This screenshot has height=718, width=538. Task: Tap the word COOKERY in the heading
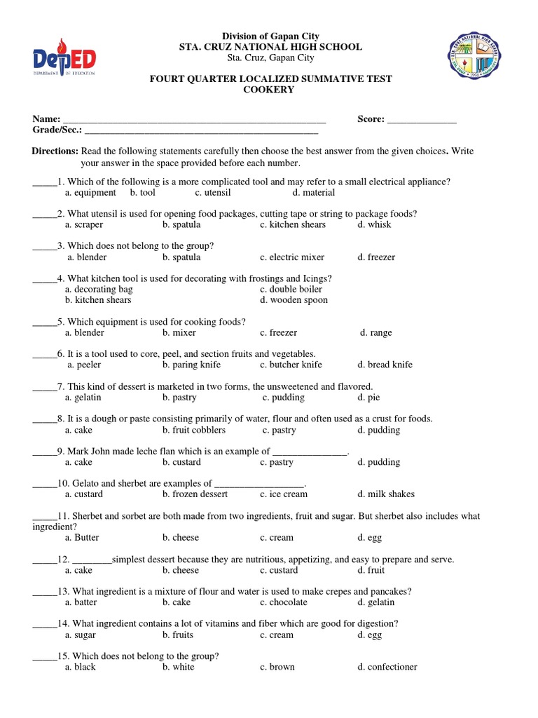point(268,90)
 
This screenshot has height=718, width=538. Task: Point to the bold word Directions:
point(55,151)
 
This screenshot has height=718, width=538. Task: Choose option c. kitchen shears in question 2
point(292,224)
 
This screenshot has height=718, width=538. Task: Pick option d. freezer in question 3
point(376,257)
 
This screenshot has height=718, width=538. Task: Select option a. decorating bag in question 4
point(99,289)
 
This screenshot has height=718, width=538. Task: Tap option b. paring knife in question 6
point(191,365)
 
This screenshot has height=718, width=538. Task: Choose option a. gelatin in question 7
point(83,397)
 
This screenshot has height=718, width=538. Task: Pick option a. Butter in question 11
point(82,538)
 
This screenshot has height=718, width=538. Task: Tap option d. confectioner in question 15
point(387,667)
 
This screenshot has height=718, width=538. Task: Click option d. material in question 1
point(314,192)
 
